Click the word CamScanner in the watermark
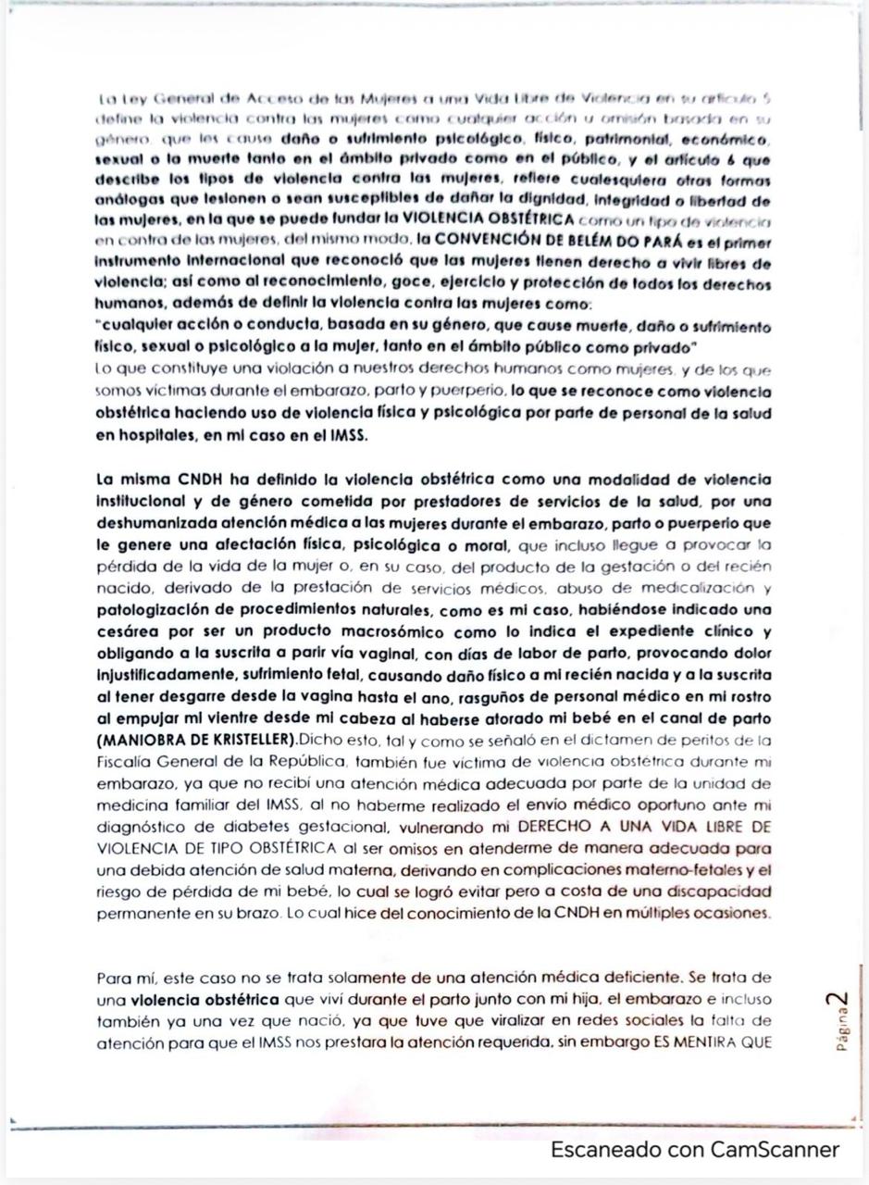pos(775,1149)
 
